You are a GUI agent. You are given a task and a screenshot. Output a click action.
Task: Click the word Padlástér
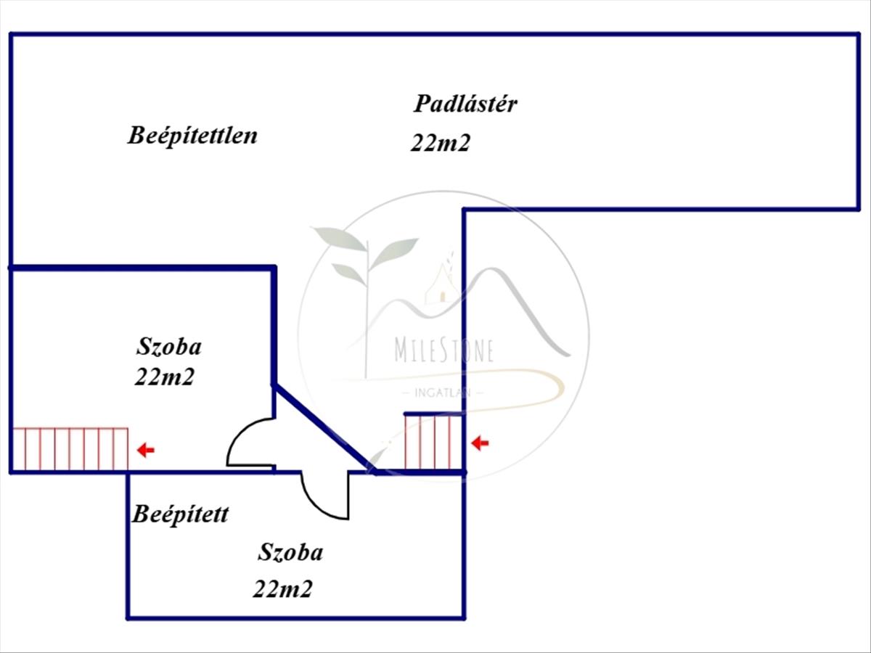tap(465, 104)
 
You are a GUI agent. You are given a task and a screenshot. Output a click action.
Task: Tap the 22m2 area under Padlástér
tap(440, 143)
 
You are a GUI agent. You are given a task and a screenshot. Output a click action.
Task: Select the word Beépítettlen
tap(192, 135)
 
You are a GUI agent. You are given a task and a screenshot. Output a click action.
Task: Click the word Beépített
tap(180, 514)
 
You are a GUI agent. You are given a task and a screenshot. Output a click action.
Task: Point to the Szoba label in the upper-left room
tap(168, 347)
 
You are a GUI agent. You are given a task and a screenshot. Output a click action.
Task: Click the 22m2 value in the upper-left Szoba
tap(164, 377)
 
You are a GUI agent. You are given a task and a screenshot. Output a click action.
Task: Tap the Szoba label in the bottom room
tap(290, 553)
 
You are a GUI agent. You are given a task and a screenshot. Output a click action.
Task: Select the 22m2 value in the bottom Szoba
tap(282, 588)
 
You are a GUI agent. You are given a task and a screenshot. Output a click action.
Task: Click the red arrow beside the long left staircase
tap(146, 451)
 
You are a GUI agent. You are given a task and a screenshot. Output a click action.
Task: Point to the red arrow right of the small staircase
tap(480, 443)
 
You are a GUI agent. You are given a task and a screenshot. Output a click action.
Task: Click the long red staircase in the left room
tap(70, 449)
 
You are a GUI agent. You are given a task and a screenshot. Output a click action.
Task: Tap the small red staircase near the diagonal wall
tap(433, 442)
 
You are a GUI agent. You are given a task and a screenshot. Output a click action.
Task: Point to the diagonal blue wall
tap(323, 430)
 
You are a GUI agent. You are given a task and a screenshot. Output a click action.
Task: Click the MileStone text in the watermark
tap(444, 350)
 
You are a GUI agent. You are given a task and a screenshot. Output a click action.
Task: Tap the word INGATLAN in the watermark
tap(443, 393)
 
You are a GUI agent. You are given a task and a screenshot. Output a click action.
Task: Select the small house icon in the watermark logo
tap(438, 284)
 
